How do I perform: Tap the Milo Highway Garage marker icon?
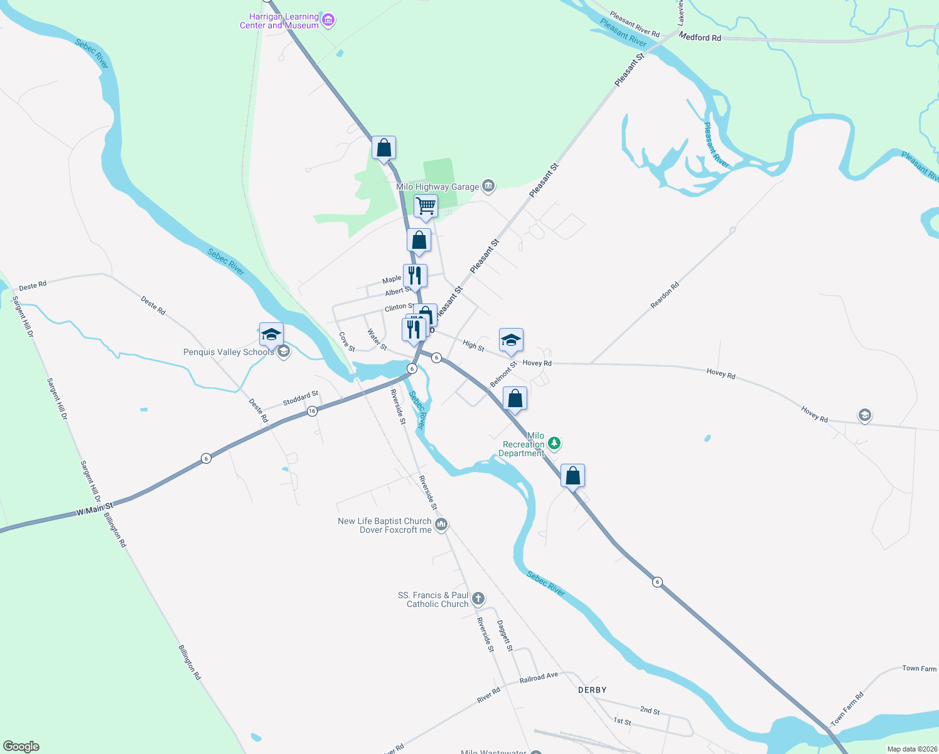pyautogui.click(x=488, y=186)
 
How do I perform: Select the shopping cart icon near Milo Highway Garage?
pyautogui.click(x=426, y=205)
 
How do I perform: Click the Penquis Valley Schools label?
pyautogui.click(x=228, y=352)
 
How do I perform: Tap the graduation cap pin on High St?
pyautogui.click(x=511, y=341)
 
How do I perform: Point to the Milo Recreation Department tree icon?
pyautogui.click(x=554, y=444)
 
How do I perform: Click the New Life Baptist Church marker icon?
pyautogui.click(x=441, y=525)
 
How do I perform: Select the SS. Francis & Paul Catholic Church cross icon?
pyautogui.click(x=478, y=598)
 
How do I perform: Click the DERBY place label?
pyautogui.click(x=592, y=690)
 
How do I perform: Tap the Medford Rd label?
pyautogui.click(x=700, y=38)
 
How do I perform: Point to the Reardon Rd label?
pyautogui.click(x=665, y=295)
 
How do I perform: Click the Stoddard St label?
pyautogui.click(x=301, y=398)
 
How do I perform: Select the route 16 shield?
pyautogui.click(x=312, y=411)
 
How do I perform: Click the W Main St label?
pyautogui.click(x=95, y=509)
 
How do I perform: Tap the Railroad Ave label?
pyautogui.click(x=539, y=678)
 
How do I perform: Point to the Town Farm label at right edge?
pyautogui.click(x=919, y=669)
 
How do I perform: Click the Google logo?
pyautogui.click(x=21, y=746)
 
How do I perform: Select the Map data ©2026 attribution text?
pyautogui.click(x=911, y=749)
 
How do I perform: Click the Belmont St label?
pyautogui.click(x=503, y=374)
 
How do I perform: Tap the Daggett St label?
pyautogui.click(x=505, y=636)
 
